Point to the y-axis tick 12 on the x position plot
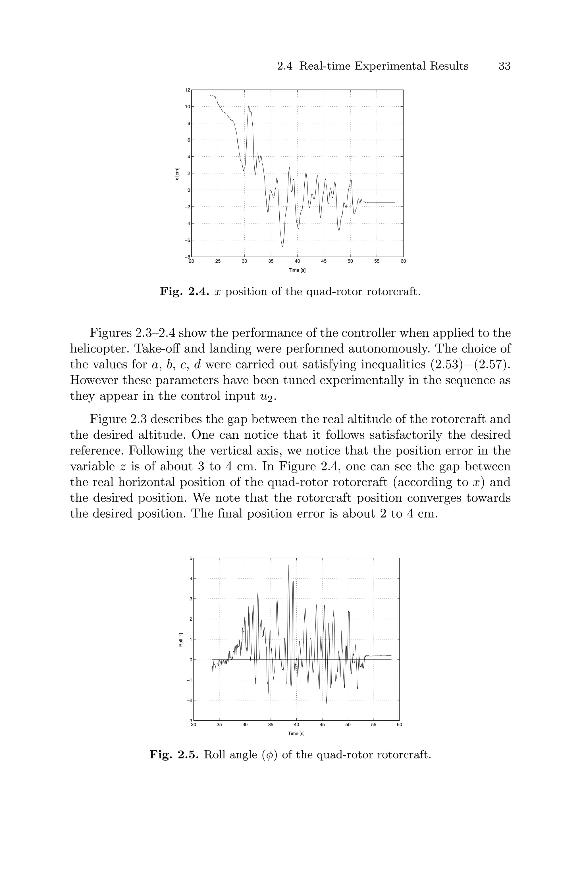(x=188, y=90)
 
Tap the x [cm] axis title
(x=177, y=174)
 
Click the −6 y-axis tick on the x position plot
(x=188, y=240)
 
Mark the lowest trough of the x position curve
(x=282, y=246)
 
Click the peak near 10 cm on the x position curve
(x=249, y=106)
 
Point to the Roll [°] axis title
(x=181, y=640)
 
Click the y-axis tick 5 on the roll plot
(x=190, y=558)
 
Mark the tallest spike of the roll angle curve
(x=289, y=566)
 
